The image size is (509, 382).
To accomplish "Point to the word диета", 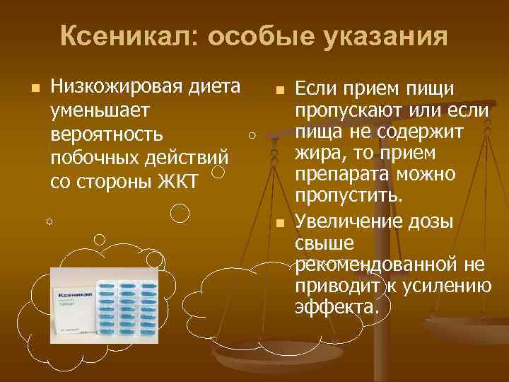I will (x=212, y=88).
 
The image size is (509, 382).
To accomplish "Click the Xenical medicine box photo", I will (x=104, y=303).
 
